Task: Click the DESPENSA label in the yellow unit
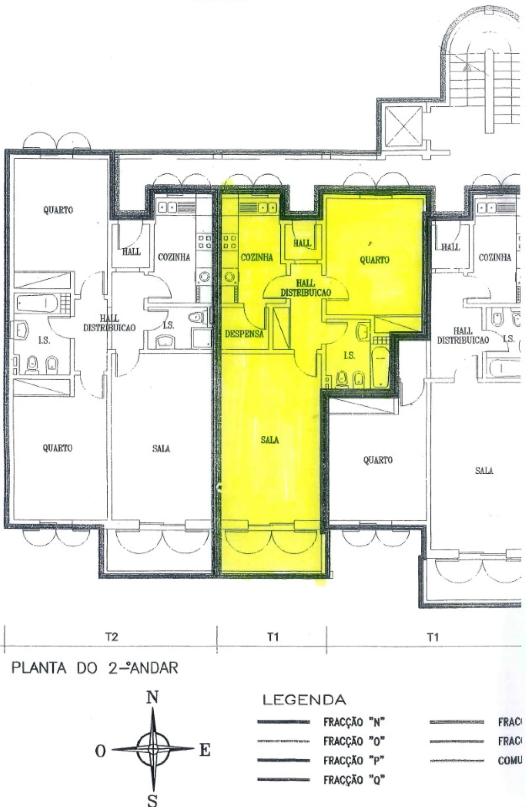point(244,334)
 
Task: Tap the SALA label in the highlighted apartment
point(270,440)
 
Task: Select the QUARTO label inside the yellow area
point(374,260)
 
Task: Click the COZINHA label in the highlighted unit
point(256,257)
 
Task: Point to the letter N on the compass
point(152,697)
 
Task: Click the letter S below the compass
point(152,800)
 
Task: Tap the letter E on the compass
point(205,750)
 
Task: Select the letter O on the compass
point(101,751)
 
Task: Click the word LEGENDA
point(304,699)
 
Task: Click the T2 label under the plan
point(111,637)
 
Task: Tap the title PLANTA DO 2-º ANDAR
point(95,668)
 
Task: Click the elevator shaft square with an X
point(404,126)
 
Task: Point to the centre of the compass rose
point(153,749)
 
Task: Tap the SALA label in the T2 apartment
point(161,449)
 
